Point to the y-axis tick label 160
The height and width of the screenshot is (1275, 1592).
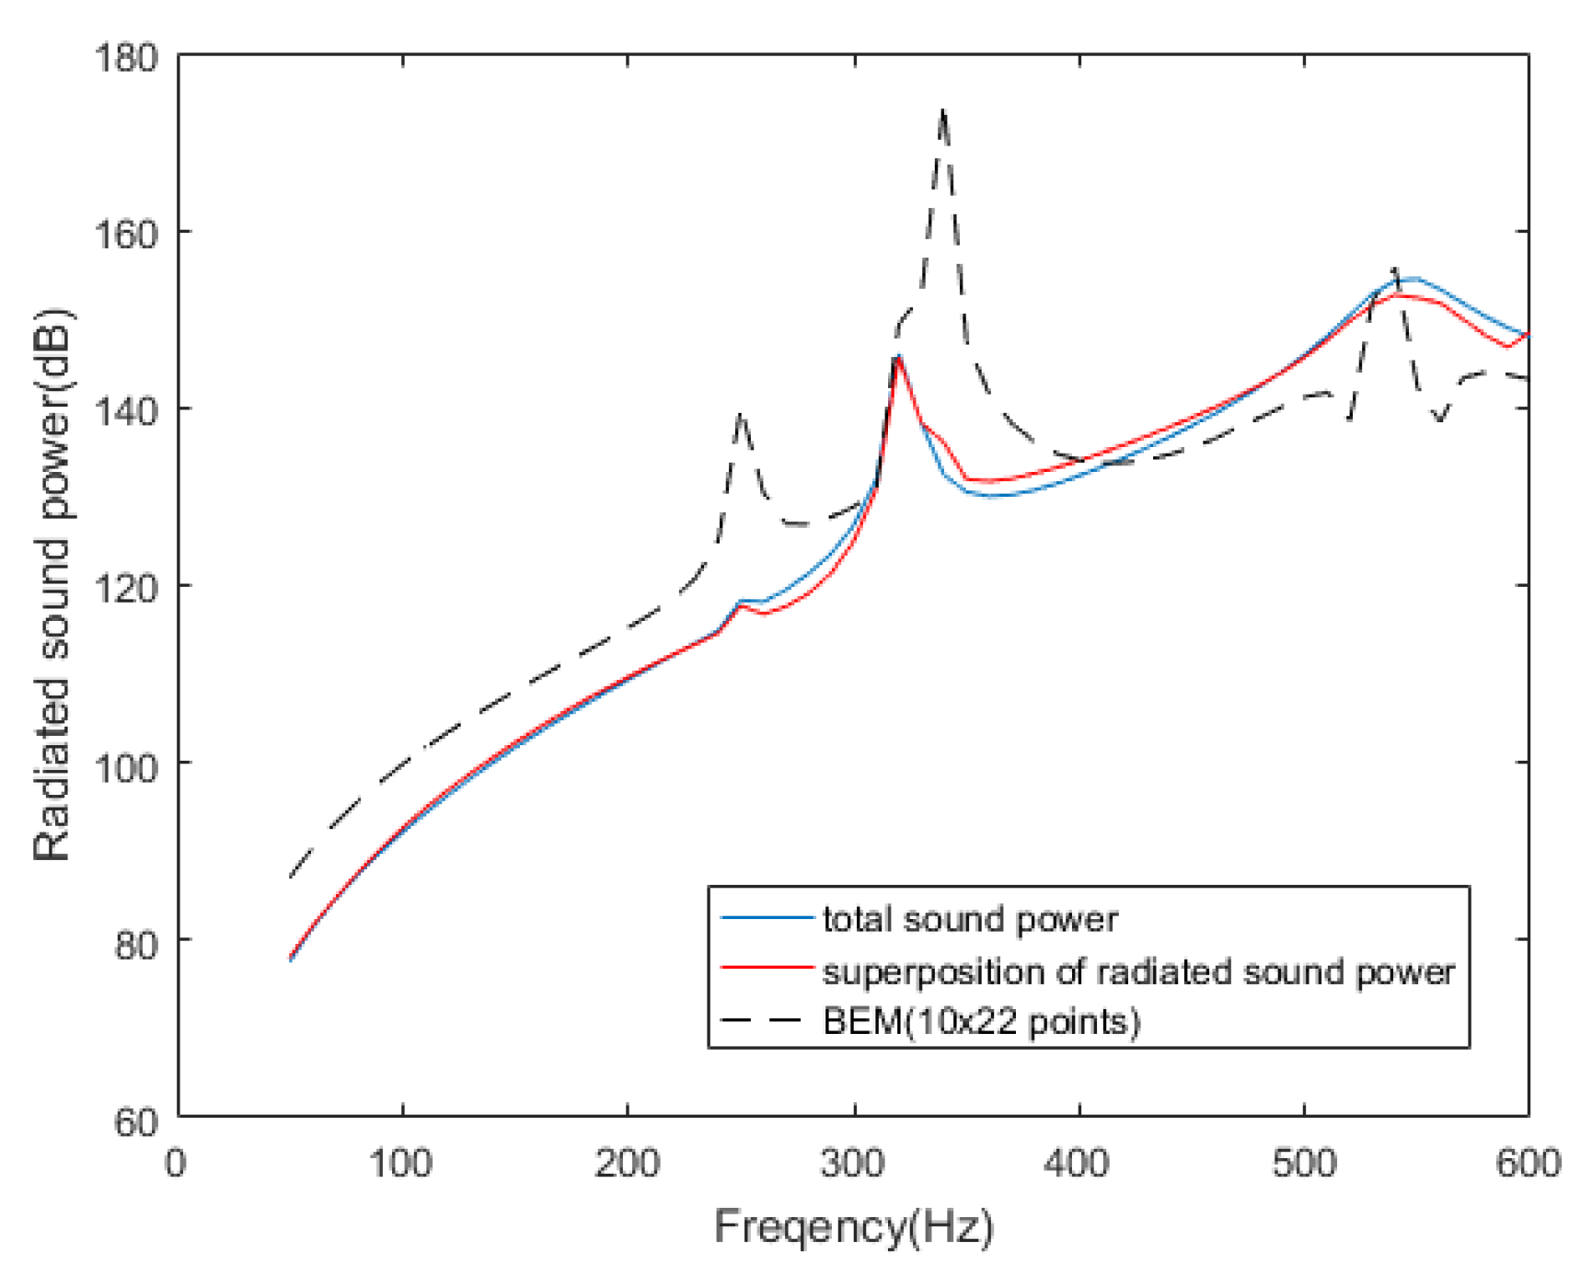tap(126, 234)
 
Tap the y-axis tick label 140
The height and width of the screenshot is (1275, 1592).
tap(126, 410)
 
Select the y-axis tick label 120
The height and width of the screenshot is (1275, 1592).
tap(126, 587)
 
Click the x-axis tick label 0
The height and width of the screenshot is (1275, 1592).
tap(176, 1164)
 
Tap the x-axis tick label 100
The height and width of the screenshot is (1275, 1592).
tap(401, 1164)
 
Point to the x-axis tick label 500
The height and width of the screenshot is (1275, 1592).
tap(1303, 1164)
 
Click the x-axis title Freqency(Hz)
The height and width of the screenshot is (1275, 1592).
tap(853, 1227)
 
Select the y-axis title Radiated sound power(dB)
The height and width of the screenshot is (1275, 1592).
tap(52, 585)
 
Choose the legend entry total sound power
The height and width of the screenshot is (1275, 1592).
tap(970, 919)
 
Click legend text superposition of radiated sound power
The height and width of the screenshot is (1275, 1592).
tap(1138, 971)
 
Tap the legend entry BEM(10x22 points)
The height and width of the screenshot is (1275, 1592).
tap(981, 1021)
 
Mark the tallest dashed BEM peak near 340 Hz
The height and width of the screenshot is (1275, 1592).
tap(942, 110)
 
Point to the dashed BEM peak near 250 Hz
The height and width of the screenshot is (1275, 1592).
tap(740, 415)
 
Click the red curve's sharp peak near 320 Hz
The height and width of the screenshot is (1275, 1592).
tap(898, 358)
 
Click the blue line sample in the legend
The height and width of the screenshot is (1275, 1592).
tap(767, 918)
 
